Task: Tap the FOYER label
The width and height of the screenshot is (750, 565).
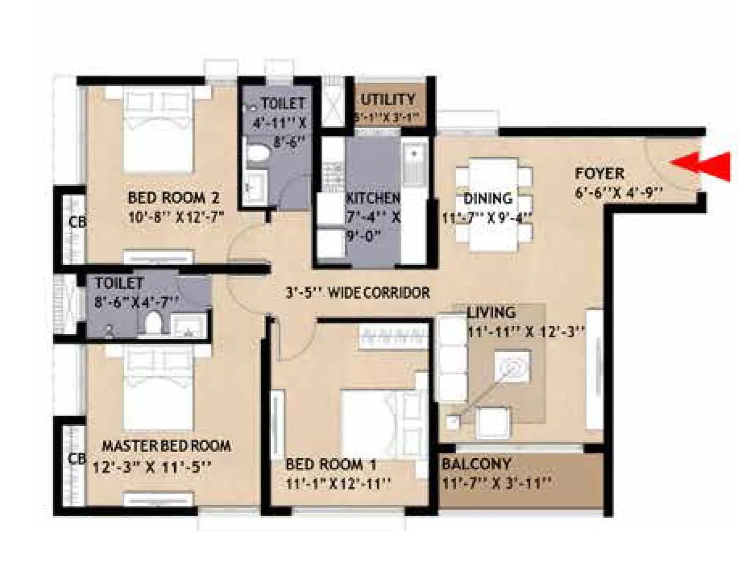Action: (x=600, y=173)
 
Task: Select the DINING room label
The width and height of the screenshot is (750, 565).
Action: (x=488, y=198)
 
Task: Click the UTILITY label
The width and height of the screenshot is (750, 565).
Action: (x=388, y=99)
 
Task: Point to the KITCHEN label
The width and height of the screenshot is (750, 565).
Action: (x=373, y=198)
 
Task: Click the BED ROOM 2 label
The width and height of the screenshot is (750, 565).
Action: (x=174, y=198)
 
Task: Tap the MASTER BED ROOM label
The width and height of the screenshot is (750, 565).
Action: (x=167, y=446)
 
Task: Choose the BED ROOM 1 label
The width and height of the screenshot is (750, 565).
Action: (x=330, y=464)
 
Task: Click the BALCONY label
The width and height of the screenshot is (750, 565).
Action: (x=476, y=463)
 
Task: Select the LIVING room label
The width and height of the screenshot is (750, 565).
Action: (x=491, y=312)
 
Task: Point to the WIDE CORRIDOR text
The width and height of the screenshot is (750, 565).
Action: (x=379, y=293)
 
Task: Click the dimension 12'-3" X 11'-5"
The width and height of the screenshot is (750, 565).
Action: (x=152, y=467)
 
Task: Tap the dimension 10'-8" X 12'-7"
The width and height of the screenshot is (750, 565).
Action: (x=176, y=218)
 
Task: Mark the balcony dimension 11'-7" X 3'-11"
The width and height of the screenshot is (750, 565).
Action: (x=496, y=484)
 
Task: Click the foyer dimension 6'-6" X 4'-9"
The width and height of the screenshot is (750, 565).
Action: (x=618, y=192)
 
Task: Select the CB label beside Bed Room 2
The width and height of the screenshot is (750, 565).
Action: (x=77, y=221)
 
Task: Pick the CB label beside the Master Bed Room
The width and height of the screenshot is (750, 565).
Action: (x=77, y=459)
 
